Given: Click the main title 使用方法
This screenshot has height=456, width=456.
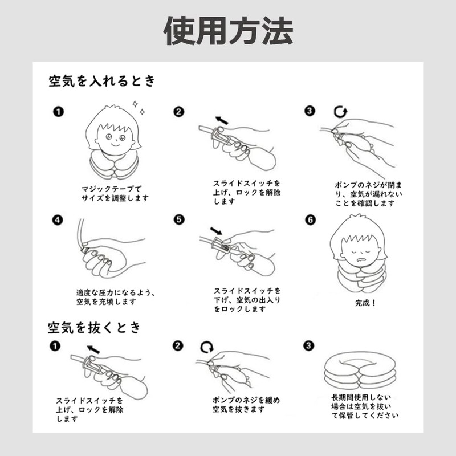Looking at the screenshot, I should point(228,31).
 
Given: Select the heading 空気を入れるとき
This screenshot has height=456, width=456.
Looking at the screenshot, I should point(101,81).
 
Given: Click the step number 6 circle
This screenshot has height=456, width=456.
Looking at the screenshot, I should point(310,219).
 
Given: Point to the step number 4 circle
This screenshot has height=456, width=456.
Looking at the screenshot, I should point(57,219).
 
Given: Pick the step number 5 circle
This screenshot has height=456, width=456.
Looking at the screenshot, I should point(179,219).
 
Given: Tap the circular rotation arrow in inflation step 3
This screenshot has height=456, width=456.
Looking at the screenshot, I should point(340,111).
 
